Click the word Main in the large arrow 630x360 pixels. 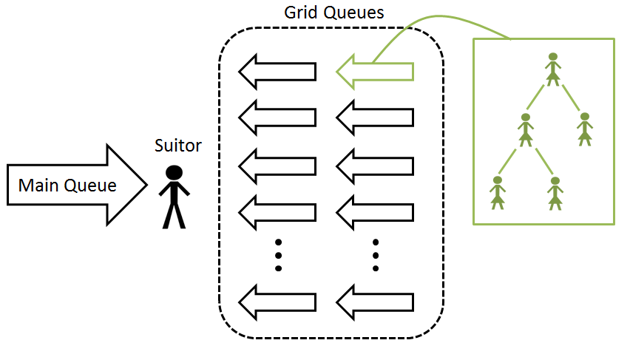pos(37,186)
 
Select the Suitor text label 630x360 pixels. pos(177,146)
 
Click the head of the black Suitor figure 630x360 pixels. pos(174,173)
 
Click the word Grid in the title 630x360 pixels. pos(299,13)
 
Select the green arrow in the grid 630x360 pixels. pos(374,71)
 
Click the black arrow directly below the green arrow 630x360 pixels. pos(374,116)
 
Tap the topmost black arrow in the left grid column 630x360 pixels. pos(277,71)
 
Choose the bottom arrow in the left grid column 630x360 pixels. pos(277,301)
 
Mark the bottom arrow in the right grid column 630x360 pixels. pos(374,301)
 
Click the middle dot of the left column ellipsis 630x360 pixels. pos(279,256)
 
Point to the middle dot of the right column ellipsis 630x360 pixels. pos(376,256)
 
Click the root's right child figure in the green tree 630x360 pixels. pos(584,128)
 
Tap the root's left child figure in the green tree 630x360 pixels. pos(526,128)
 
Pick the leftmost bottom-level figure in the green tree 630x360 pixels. pos(498,191)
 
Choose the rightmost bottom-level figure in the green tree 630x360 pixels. pos(555,191)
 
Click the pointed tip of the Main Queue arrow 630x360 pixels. pos(147,185)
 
